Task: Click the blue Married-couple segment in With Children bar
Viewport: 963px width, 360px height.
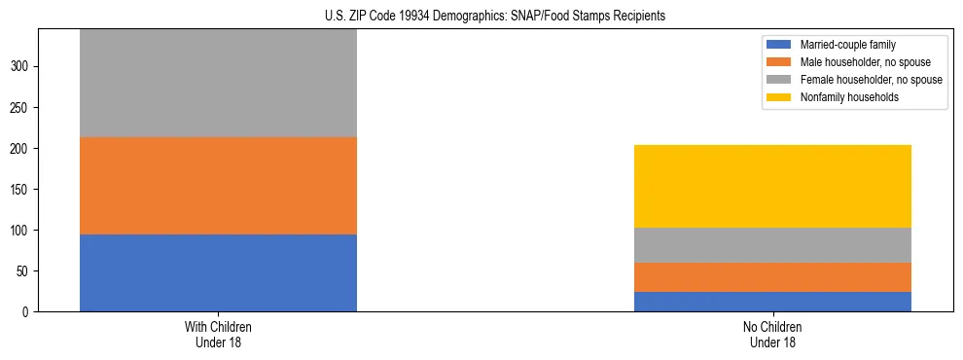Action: pyautogui.click(x=218, y=272)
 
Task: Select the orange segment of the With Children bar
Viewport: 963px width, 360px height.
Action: pyautogui.click(x=218, y=186)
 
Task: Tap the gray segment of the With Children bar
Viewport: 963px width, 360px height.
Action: pyautogui.click(x=218, y=83)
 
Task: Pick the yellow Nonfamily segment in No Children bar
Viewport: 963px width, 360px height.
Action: pyautogui.click(x=772, y=186)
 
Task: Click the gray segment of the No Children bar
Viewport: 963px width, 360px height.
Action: pyautogui.click(x=772, y=245)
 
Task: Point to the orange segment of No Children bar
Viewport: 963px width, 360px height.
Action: pyautogui.click(x=772, y=277)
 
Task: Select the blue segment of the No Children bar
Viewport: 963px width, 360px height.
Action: pyautogui.click(x=772, y=302)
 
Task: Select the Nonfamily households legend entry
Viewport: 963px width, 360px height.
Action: pyautogui.click(x=842, y=97)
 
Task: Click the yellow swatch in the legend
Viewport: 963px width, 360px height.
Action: pyautogui.click(x=780, y=97)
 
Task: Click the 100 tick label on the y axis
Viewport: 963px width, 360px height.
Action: pyautogui.click(x=21, y=231)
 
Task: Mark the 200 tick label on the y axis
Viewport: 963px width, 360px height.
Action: pyautogui.click(x=21, y=149)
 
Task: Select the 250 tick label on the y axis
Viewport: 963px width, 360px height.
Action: pyautogui.click(x=21, y=108)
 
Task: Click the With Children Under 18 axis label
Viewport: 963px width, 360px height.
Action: pyautogui.click(x=218, y=335)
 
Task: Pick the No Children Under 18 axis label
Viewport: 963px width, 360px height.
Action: pyautogui.click(x=772, y=335)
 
